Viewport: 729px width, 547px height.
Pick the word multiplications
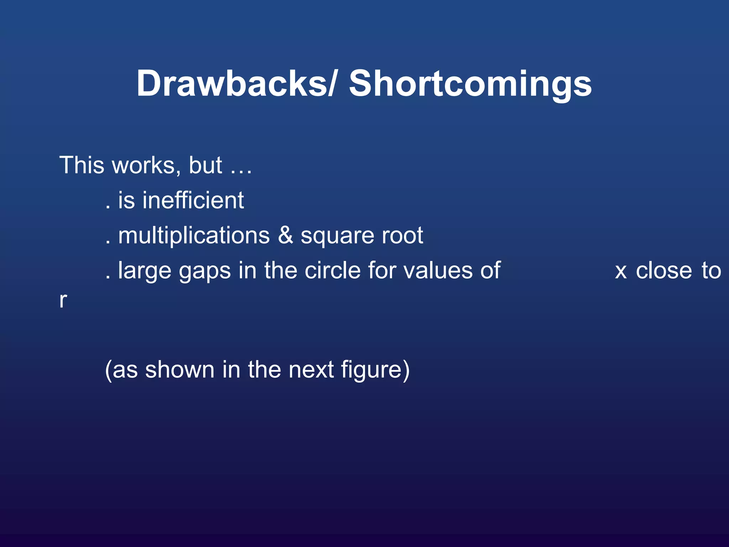pyautogui.click(x=194, y=236)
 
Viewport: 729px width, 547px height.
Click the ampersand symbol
pyautogui.click(x=285, y=235)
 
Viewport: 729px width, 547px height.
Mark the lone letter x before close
pyautogui.click(x=621, y=272)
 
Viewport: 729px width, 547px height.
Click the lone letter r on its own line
pyautogui.click(x=63, y=300)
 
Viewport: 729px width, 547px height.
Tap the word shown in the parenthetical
pyautogui.click(x=180, y=369)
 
